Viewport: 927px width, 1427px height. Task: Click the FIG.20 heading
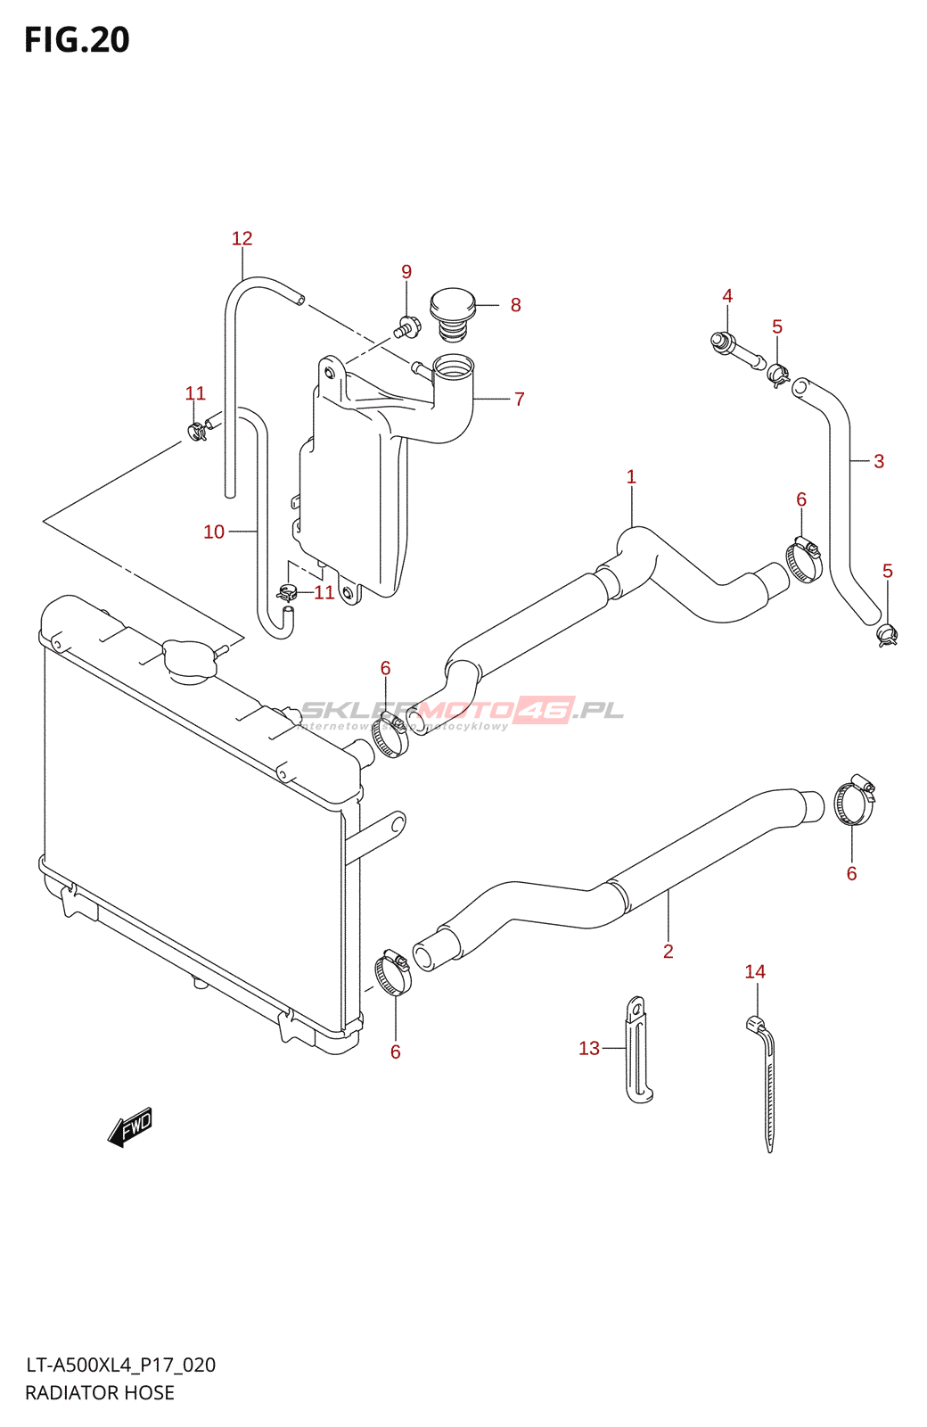click(77, 40)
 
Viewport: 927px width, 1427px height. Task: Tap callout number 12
click(242, 238)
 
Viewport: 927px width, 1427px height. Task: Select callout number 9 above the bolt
click(406, 271)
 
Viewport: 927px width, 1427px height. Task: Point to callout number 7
click(519, 399)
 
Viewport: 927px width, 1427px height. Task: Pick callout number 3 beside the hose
click(879, 461)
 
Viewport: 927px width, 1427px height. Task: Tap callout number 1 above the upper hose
click(631, 476)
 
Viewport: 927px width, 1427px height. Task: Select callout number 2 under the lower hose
click(668, 951)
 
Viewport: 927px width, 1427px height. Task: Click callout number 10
click(214, 532)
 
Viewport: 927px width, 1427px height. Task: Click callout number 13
click(589, 1048)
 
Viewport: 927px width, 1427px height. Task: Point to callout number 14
click(755, 971)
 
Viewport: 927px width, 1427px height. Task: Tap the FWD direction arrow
click(130, 1127)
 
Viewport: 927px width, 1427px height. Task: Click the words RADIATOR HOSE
click(100, 1392)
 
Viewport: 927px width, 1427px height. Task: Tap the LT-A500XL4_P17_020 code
click(120, 1365)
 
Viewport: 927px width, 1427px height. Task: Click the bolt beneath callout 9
click(406, 327)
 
